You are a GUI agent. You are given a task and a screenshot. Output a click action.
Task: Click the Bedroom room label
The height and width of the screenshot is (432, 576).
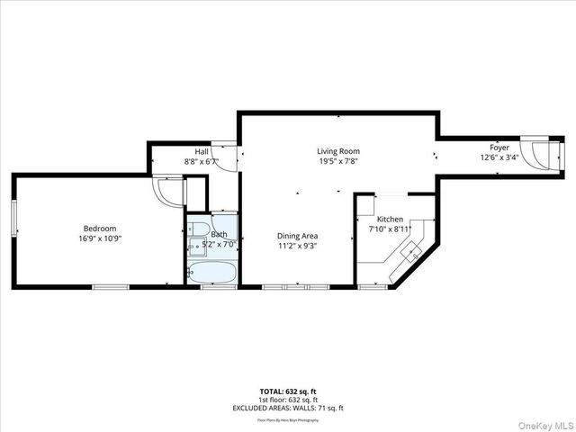click(100, 229)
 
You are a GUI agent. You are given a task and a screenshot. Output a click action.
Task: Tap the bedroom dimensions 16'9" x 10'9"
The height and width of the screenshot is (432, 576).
click(100, 239)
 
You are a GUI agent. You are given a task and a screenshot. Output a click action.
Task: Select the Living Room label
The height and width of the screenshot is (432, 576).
click(337, 151)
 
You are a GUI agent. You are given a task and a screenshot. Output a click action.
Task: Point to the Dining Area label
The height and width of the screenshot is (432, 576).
click(297, 236)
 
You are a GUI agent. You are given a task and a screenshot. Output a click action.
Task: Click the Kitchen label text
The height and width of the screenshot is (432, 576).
click(390, 220)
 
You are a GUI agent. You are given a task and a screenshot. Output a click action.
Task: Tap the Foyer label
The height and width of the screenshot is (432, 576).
click(499, 147)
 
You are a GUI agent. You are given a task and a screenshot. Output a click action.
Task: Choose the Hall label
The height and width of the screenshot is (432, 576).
click(202, 152)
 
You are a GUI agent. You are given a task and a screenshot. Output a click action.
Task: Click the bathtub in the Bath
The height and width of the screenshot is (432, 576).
click(212, 273)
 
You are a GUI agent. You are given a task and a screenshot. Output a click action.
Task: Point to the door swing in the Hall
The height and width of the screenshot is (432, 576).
click(230, 158)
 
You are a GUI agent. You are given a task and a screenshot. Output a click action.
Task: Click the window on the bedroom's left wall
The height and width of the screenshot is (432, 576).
click(13, 220)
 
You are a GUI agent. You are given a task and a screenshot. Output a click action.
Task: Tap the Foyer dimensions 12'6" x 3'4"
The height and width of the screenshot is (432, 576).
click(499, 157)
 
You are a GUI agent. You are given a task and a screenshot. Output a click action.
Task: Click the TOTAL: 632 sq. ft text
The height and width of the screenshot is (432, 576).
click(288, 391)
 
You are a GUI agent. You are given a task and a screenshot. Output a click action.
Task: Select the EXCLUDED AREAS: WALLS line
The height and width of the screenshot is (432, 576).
click(288, 408)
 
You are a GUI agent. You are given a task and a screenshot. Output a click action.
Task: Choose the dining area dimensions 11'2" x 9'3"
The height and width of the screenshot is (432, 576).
click(297, 247)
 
